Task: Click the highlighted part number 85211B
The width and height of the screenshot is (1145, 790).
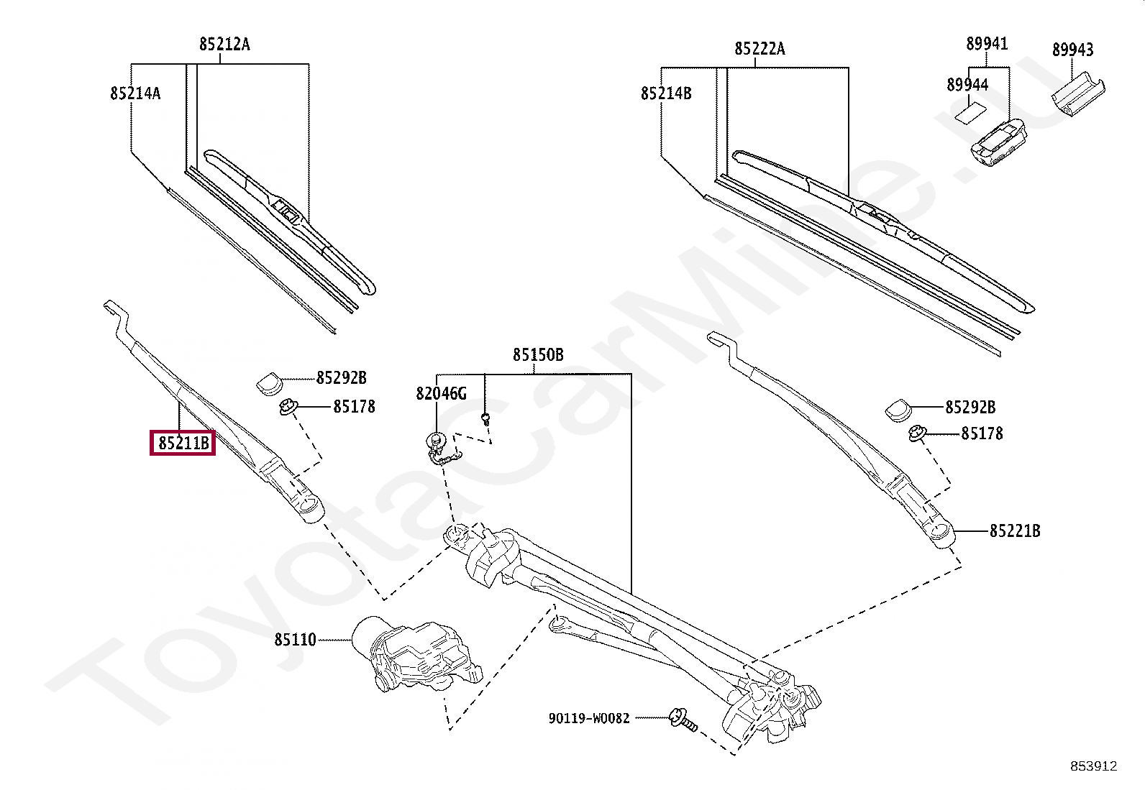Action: [x=183, y=443]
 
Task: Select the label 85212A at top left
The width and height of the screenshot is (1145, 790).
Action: [x=224, y=45]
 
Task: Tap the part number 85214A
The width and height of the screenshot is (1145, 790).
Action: [x=135, y=93]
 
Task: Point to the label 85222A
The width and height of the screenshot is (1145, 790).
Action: [x=759, y=49]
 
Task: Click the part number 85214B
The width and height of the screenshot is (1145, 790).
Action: [x=666, y=93]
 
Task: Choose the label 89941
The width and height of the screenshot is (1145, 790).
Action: [x=987, y=44]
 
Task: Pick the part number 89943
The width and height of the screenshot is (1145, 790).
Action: [x=1072, y=50]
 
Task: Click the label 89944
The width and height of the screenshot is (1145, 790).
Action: [x=967, y=85]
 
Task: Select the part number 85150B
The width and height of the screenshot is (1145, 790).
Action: [x=538, y=355]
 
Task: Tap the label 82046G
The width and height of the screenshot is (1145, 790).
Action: [x=441, y=393]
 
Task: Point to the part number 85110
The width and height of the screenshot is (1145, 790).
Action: [x=295, y=639]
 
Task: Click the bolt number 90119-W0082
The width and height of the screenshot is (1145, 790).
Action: [x=588, y=717]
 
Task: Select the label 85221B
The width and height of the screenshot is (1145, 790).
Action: [x=1015, y=531]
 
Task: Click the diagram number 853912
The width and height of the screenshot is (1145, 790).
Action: [x=1092, y=766]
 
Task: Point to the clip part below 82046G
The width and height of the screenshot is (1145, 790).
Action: [x=440, y=449]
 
